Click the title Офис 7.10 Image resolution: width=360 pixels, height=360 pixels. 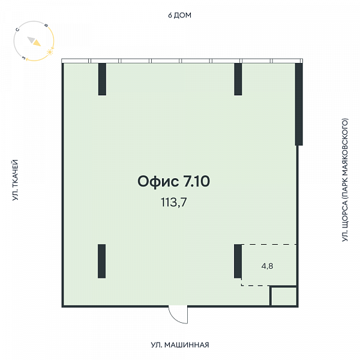click(173, 181)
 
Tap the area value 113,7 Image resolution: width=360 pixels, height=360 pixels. click(173, 202)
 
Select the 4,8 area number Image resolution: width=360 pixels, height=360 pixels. click(267, 266)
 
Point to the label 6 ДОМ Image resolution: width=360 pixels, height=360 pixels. click(179, 15)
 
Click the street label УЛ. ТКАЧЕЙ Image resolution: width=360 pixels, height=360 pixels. click(15, 180)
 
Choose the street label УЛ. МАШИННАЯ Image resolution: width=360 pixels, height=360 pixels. click(180, 345)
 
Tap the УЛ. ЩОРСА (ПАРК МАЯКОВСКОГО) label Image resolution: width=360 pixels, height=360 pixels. click(345, 180)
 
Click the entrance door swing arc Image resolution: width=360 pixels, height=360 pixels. click(175, 318)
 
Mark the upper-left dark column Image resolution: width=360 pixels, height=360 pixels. click(102, 79)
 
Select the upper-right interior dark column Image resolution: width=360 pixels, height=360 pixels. click(238, 79)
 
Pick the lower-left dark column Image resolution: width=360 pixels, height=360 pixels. click(102, 261)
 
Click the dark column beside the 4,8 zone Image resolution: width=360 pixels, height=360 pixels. click(238, 261)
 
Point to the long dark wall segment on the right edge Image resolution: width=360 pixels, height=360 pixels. click(299, 104)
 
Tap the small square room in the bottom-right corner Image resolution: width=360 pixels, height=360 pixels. click(284, 296)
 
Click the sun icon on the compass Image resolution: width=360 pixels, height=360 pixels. click(50, 52)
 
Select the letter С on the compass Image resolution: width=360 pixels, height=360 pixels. click(17, 29)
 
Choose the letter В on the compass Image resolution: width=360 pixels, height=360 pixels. click(46, 25)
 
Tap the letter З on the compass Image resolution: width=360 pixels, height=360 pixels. click(24, 58)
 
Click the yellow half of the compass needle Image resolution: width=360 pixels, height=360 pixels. click(37, 43)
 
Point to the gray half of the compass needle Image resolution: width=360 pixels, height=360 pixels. click(31, 40)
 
